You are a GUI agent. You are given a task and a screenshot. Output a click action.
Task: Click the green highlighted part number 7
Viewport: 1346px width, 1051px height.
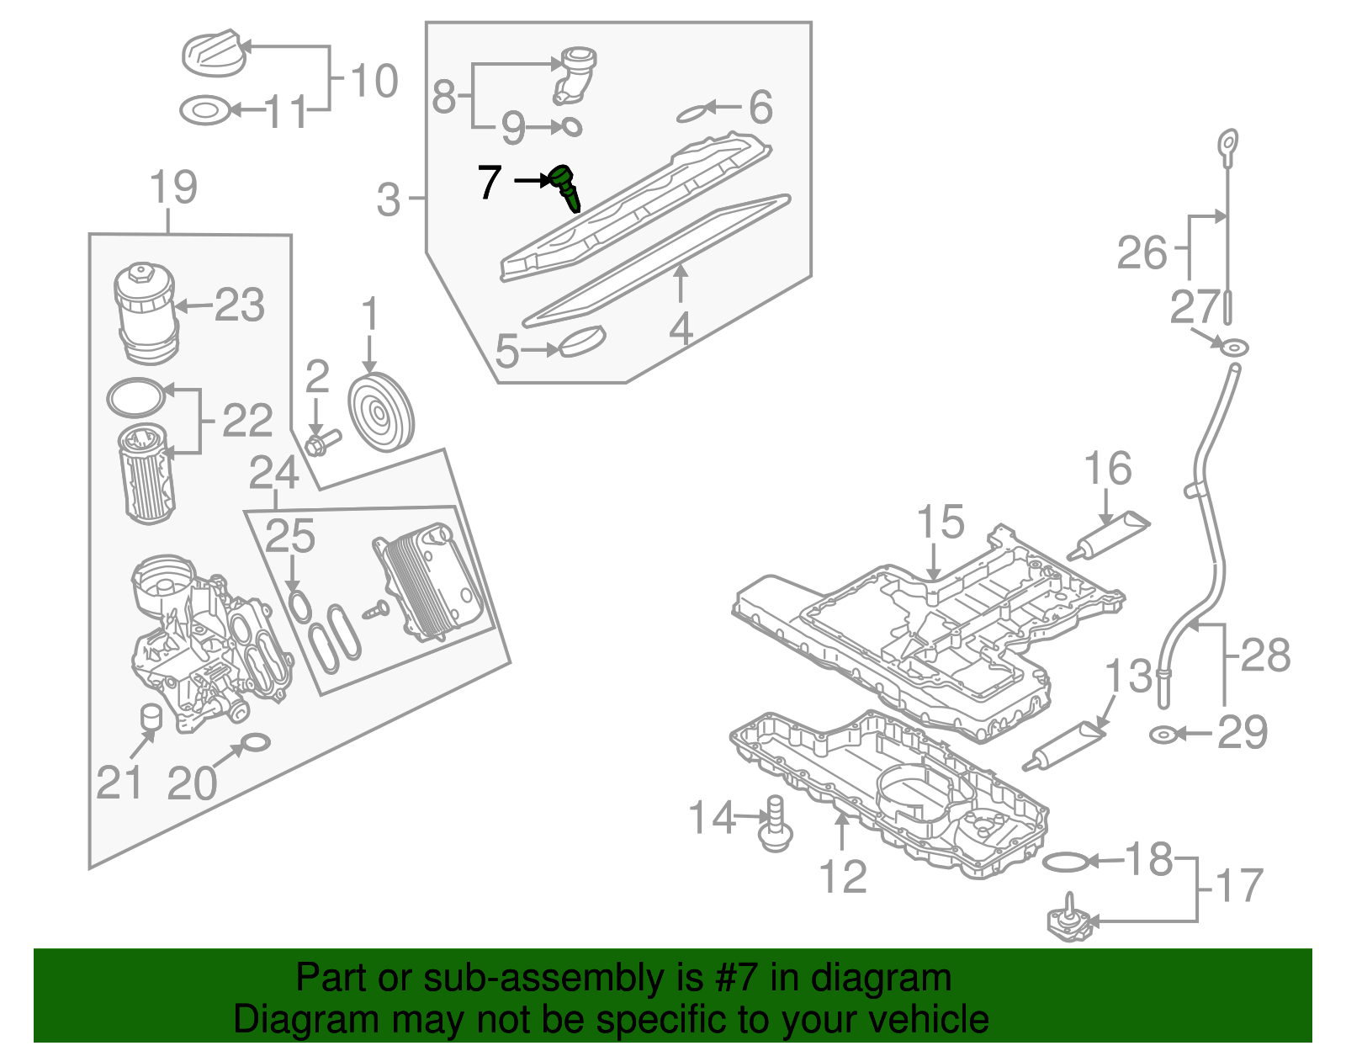[565, 187]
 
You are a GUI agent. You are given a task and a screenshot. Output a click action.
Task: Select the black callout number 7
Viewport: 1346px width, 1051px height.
[490, 181]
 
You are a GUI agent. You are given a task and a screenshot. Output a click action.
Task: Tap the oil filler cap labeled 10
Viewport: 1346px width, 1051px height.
[214, 53]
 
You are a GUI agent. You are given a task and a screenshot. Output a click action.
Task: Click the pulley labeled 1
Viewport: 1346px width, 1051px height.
[381, 412]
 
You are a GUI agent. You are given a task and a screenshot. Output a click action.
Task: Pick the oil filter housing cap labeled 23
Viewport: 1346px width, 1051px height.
[145, 311]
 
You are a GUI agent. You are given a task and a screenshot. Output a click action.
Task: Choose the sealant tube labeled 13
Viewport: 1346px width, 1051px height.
[1063, 746]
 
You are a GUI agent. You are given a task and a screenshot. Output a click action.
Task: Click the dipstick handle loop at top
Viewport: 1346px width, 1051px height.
[1228, 144]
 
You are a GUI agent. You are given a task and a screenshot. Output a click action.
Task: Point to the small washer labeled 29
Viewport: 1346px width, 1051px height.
[1162, 735]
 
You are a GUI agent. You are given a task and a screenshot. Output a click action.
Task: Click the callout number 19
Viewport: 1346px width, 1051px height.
[173, 187]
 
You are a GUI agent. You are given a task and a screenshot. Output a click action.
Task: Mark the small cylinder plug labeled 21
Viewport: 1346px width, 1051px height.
[151, 716]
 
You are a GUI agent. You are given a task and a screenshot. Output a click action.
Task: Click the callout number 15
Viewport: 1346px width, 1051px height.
[940, 523]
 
